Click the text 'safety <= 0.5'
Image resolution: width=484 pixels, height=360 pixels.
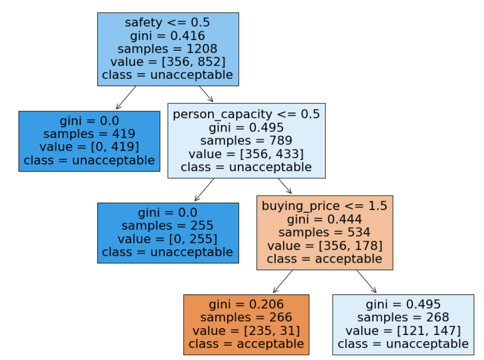click(x=168, y=23)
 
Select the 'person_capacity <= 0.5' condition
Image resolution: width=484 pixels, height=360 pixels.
click(x=246, y=114)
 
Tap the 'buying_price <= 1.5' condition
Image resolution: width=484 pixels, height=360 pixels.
click(x=324, y=206)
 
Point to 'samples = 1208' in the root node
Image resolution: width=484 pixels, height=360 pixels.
click(x=168, y=49)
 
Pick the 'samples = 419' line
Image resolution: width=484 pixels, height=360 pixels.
click(x=89, y=134)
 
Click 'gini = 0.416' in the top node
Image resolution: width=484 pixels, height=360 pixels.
click(x=168, y=36)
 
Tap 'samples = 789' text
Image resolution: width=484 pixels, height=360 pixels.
click(x=246, y=140)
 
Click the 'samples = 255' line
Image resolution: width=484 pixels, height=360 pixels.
click(x=168, y=226)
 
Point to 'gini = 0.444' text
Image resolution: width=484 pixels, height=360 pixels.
click(x=324, y=219)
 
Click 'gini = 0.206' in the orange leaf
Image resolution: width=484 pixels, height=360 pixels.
click(x=246, y=304)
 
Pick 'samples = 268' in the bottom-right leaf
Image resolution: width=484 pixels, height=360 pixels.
click(x=403, y=317)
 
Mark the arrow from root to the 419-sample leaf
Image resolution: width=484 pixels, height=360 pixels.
click(x=126, y=98)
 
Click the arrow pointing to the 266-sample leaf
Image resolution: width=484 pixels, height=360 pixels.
click(x=283, y=282)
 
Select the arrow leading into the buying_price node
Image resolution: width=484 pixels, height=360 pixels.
click(x=284, y=186)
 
